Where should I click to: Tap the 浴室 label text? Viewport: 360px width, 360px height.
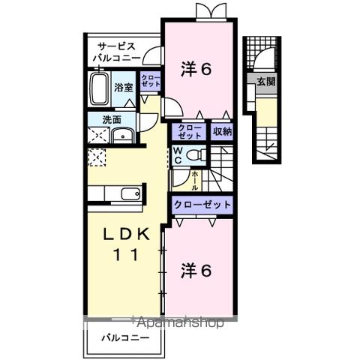pos(123,87)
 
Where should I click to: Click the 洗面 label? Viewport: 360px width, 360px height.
pos(100,118)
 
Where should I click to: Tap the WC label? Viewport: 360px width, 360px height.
pos(178,154)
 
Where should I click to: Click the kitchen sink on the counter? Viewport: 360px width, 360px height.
pos(130,193)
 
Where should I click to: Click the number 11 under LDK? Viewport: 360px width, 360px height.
pos(124,255)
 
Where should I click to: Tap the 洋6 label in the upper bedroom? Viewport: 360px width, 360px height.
pos(197,69)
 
